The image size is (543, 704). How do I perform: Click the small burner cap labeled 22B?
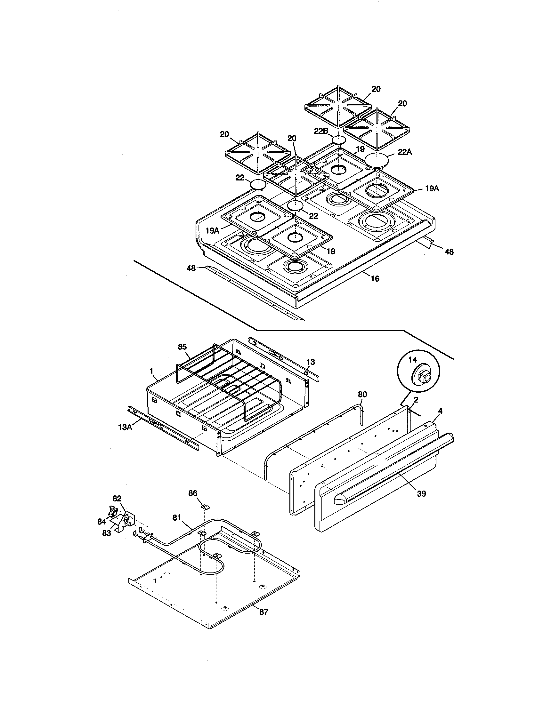pyautogui.click(x=339, y=140)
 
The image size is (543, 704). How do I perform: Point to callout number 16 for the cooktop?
pyautogui.click(x=375, y=278)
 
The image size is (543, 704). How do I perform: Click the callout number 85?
pyautogui.click(x=182, y=347)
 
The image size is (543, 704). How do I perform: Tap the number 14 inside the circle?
pyautogui.click(x=413, y=360)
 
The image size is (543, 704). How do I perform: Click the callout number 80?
pyautogui.click(x=362, y=395)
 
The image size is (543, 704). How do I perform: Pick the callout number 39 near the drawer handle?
pyautogui.click(x=421, y=493)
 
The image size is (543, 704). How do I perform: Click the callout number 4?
pyautogui.click(x=440, y=411)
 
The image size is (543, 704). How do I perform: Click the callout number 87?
pyautogui.click(x=263, y=612)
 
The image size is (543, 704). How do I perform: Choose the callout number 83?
pyautogui.click(x=107, y=533)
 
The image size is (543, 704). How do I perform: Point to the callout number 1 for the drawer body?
pyautogui.click(x=151, y=371)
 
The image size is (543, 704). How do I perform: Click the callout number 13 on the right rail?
pyautogui.click(x=311, y=362)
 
